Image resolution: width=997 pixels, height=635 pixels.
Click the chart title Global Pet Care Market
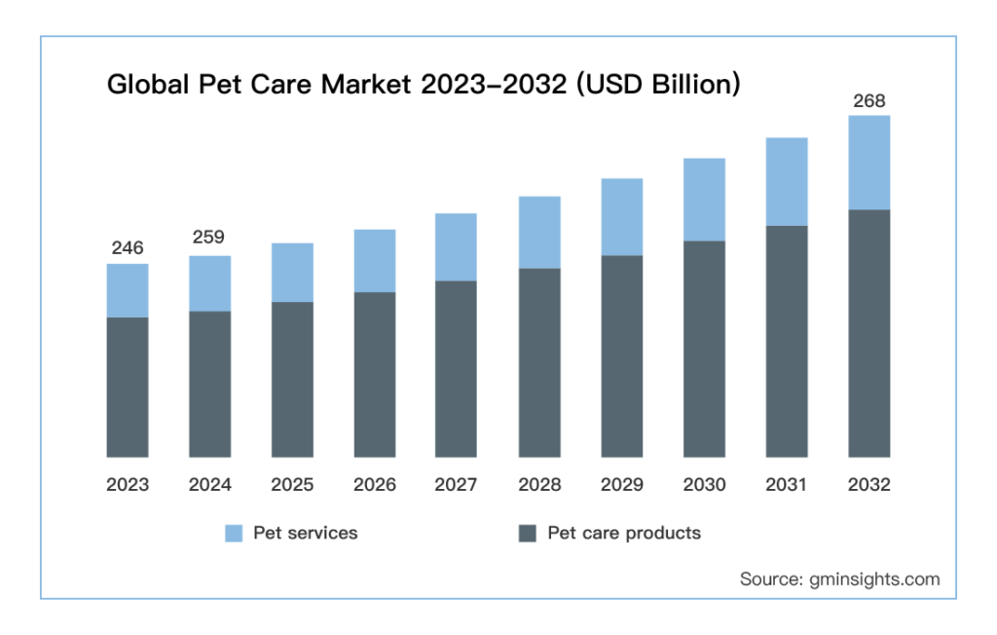(x=424, y=85)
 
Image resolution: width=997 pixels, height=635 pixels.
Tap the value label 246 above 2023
(x=128, y=248)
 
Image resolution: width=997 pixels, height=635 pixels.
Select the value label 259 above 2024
(x=209, y=237)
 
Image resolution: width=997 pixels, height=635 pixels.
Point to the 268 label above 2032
(x=869, y=100)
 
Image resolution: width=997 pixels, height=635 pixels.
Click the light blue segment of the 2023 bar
(x=128, y=290)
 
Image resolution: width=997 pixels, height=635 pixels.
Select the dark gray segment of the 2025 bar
(x=292, y=380)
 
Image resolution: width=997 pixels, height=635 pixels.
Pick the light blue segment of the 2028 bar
(x=539, y=232)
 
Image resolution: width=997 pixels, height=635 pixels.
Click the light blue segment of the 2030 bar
(x=704, y=200)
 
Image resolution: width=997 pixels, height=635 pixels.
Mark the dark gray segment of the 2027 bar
(x=457, y=369)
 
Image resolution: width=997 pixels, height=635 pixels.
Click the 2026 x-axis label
(x=375, y=485)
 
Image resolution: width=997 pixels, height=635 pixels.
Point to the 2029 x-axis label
(x=622, y=485)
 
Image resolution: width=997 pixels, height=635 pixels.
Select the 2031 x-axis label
(x=787, y=485)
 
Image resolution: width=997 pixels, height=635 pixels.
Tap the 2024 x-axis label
(x=209, y=485)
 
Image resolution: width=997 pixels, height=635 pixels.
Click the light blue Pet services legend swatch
(x=234, y=534)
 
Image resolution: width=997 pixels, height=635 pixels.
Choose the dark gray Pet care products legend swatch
(x=528, y=534)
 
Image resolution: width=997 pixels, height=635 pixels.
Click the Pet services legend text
(x=305, y=533)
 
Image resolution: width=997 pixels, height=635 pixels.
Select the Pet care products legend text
(x=624, y=533)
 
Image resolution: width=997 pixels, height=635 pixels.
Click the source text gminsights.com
(x=840, y=579)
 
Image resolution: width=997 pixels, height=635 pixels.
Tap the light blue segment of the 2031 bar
(x=787, y=181)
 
